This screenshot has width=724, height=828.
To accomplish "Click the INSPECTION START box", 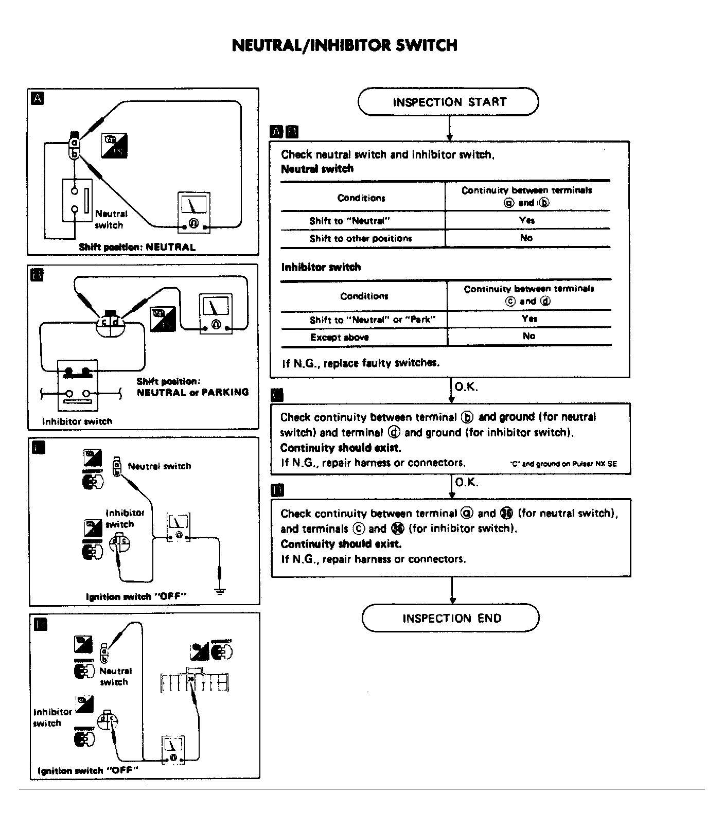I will (449, 102).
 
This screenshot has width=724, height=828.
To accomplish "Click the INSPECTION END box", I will (451, 618).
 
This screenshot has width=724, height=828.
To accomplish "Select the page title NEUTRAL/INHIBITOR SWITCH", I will (344, 45).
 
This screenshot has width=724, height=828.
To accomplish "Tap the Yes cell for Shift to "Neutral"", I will (527, 220).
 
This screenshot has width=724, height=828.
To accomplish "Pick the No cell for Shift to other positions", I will (526, 238).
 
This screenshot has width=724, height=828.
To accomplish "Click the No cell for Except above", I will (529, 336).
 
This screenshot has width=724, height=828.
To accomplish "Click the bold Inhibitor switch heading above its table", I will (321, 267).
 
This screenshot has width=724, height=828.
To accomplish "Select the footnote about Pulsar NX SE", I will (563, 464).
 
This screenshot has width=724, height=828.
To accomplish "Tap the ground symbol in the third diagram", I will (220, 590).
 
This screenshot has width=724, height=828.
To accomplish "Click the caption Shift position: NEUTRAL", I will (137, 247).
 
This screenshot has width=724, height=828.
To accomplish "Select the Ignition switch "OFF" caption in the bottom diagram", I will (88, 770).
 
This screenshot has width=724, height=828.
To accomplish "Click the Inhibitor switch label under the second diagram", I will (77, 421).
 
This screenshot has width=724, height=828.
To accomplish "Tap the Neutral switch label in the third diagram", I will (159, 466).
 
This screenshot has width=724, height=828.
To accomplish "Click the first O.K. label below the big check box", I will (466, 387).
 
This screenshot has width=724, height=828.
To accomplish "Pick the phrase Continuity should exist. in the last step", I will (341, 544).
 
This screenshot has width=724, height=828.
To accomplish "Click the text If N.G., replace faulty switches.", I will (360, 363).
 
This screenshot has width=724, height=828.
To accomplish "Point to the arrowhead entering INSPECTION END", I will (452, 600).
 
